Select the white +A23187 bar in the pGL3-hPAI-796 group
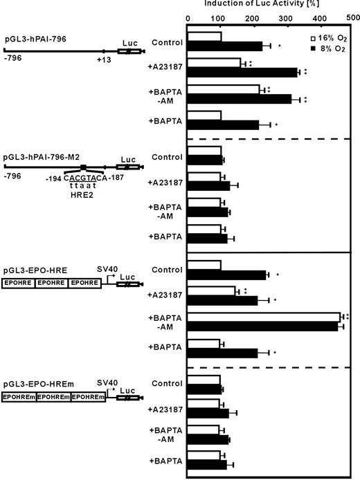tap(215, 63)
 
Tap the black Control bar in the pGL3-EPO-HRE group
tap(227, 275)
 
